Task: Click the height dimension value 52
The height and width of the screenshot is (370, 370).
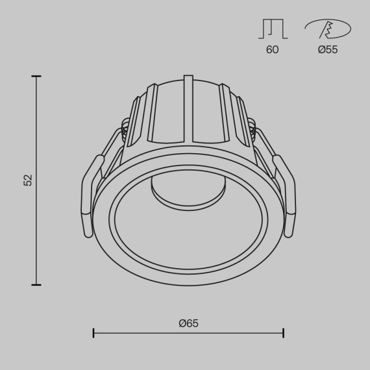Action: (x=28, y=180)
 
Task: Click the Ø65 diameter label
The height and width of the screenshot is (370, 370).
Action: (x=188, y=323)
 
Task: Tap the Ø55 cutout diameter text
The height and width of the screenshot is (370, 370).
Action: (x=328, y=49)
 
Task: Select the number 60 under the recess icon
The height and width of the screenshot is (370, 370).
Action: (x=272, y=49)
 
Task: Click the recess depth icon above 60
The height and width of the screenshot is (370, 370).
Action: (x=272, y=29)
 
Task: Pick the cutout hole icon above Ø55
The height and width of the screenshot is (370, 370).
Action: (x=328, y=29)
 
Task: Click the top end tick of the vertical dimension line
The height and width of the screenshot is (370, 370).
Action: (x=36, y=77)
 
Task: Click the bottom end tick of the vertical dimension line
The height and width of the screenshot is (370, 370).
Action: (x=36, y=284)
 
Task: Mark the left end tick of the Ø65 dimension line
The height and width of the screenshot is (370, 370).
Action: (x=93, y=333)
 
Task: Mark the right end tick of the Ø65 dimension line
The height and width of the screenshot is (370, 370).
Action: (x=283, y=333)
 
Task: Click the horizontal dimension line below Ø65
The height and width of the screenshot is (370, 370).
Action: (x=188, y=333)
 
